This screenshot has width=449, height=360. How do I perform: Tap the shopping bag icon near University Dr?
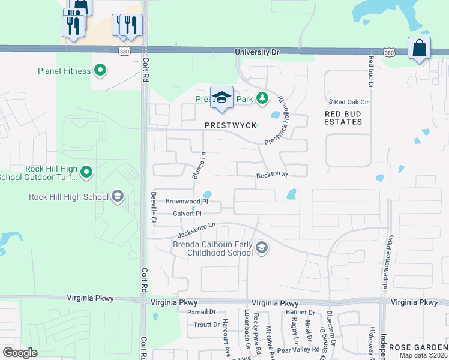point(419,48)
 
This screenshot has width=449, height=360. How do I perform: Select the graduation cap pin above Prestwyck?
point(221,98)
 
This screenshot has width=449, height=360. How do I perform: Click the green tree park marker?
point(262,98)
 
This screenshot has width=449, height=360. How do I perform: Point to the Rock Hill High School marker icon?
point(118,196)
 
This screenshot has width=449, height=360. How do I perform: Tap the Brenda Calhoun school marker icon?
point(262,247)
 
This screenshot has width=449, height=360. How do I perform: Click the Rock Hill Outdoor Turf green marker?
point(86,173)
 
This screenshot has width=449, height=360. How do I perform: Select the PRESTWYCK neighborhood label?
point(231,125)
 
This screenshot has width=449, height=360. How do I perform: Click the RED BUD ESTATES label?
point(343,118)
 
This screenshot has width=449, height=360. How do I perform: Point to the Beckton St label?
point(272,175)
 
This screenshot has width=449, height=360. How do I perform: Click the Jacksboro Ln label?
point(194,227)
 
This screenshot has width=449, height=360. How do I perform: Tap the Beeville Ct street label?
point(154,206)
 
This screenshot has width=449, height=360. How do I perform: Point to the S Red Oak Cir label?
point(347,102)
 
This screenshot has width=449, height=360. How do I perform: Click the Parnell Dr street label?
point(200,312)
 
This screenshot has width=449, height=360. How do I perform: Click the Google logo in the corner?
point(20,353)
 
